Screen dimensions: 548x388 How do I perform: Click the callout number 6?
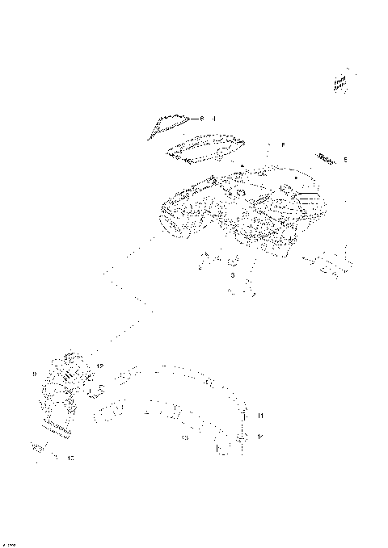tap(203, 119)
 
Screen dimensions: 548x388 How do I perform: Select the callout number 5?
tap(345, 160)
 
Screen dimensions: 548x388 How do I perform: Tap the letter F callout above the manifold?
tap(283, 144)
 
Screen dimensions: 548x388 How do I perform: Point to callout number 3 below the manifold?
tap(232, 276)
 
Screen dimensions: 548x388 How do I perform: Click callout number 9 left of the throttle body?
tap(34, 374)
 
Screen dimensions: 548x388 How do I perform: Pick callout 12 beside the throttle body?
tap(100, 366)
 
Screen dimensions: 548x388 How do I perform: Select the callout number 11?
tap(260, 415)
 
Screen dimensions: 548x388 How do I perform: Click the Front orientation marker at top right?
tap(339, 82)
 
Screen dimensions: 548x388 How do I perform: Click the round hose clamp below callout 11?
tap(241, 437)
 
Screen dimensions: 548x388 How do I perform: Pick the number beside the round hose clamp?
tap(260, 437)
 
